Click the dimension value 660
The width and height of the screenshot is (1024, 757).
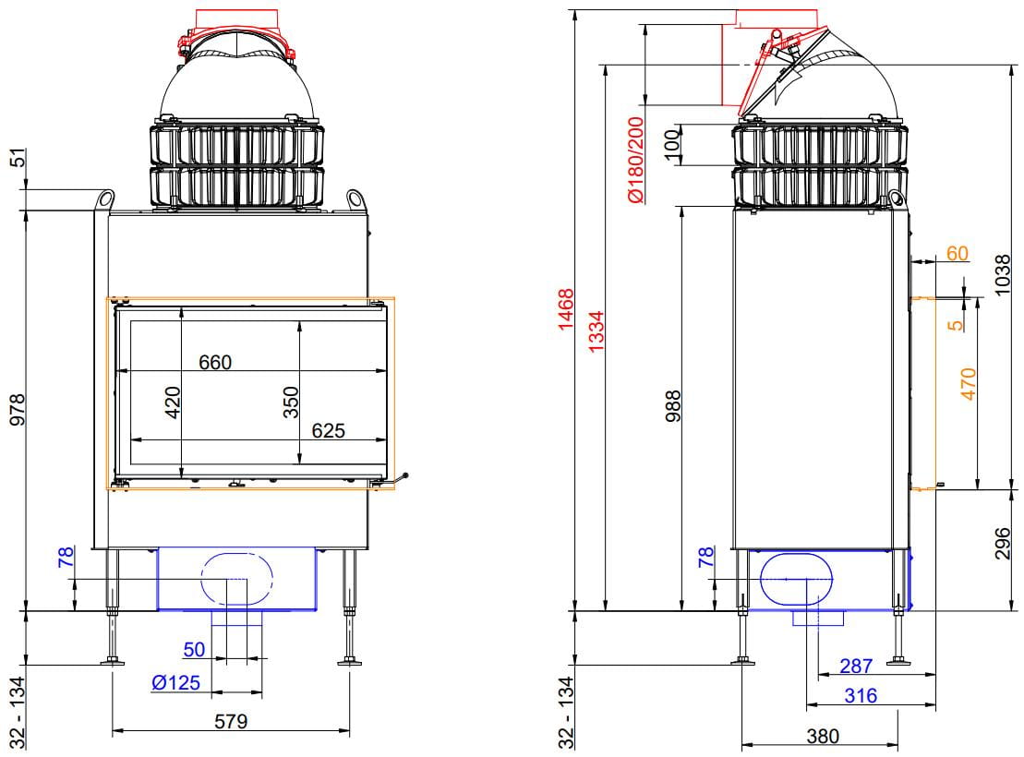pyautogui.click(x=215, y=362)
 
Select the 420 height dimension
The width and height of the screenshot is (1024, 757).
pyautogui.click(x=173, y=403)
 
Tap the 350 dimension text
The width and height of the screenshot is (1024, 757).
pyautogui.click(x=291, y=403)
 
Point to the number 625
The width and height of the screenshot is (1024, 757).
pyautogui.click(x=328, y=430)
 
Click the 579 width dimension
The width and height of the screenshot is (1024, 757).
pyautogui.click(x=231, y=721)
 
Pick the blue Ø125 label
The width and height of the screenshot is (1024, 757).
pyautogui.click(x=175, y=683)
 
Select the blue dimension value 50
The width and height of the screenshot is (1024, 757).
pyautogui.click(x=194, y=649)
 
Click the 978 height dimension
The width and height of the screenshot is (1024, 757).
pyautogui.click(x=18, y=410)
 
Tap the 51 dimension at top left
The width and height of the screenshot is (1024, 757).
pyautogui.click(x=18, y=158)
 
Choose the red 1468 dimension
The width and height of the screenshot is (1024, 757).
pyautogui.click(x=565, y=309)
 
